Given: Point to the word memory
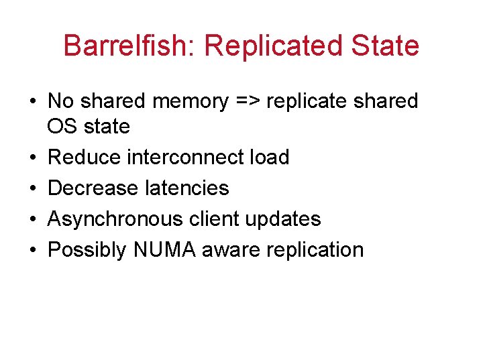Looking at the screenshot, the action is click(x=191, y=101).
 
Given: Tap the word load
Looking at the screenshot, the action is click(x=268, y=158).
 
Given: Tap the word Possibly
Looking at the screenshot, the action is click(x=87, y=250).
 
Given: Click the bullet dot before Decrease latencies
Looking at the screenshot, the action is click(x=32, y=188).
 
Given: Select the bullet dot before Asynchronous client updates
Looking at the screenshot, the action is click(x=32, y=219).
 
